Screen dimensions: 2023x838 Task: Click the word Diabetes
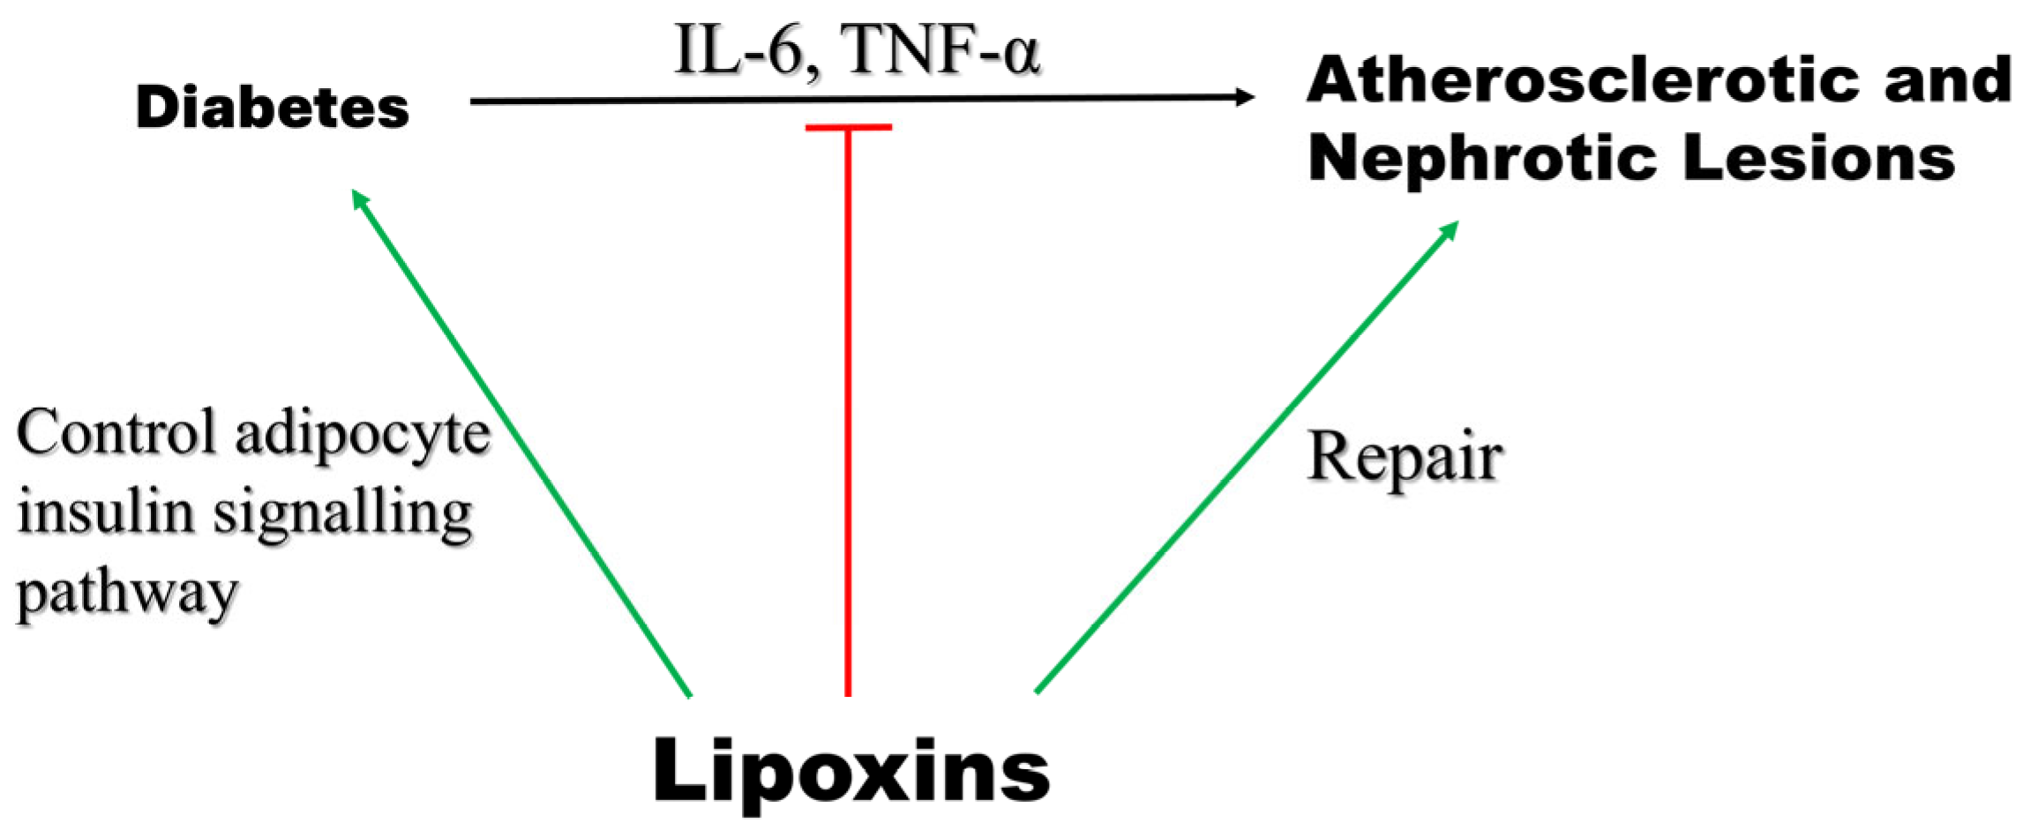point(273,108)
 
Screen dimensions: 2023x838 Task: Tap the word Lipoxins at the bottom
point(851,770)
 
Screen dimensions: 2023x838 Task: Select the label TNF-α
point(940,49)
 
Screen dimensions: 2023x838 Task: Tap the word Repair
point(1405,457)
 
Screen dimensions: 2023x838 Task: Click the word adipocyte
point(363,434)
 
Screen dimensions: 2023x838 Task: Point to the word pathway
point(128,593)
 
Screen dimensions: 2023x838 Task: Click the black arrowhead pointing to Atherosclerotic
point(1244,97)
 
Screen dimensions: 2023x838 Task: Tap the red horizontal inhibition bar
point(848,127)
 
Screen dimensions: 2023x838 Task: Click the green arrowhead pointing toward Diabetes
point(360,198)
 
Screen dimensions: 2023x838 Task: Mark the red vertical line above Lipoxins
point(848,415)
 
